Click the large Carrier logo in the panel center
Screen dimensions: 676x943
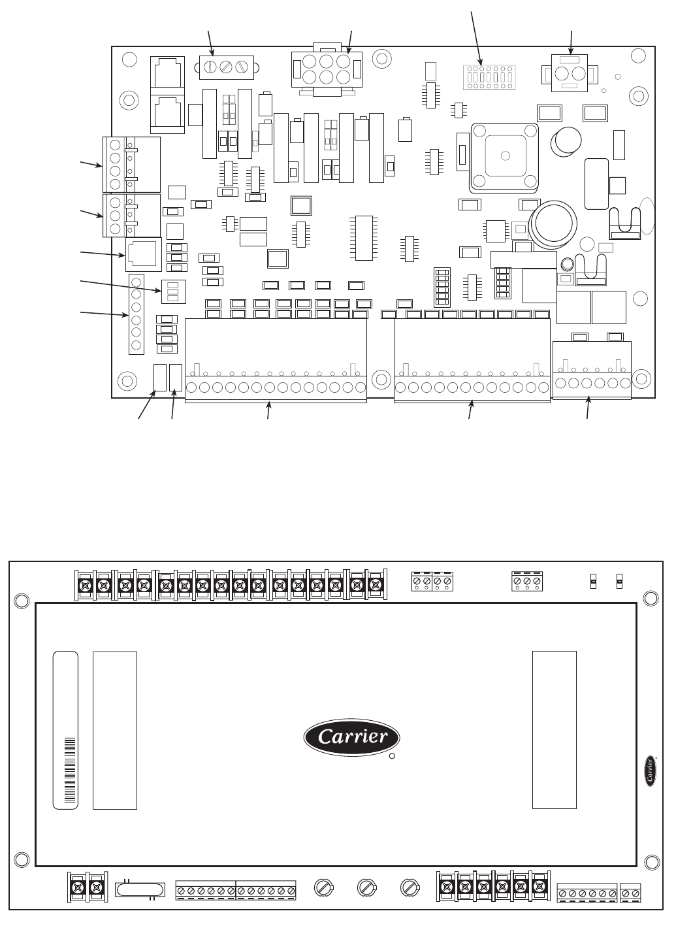click(x=351, y=736)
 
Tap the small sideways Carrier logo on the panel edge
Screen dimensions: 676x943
click(x=651, y=770)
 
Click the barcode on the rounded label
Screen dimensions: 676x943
click(x=70, y=770)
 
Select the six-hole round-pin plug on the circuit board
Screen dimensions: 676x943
click(x=327, y=69)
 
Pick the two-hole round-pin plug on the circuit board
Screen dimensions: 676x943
click(x=569, y=74)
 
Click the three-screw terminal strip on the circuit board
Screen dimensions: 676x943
click(x=227, y=67)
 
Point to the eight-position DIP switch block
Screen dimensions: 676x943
click(x=489, y=78)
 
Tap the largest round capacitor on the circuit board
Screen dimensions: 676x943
click(x=554, y=221)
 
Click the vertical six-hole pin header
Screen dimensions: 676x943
click(x=137, y=314)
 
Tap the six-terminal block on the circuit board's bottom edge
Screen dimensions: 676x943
click(x=592, y=370)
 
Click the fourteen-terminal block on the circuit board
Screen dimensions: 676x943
click(x=276, y=360)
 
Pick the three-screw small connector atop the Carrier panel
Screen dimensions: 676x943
click(x=526, y=582)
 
